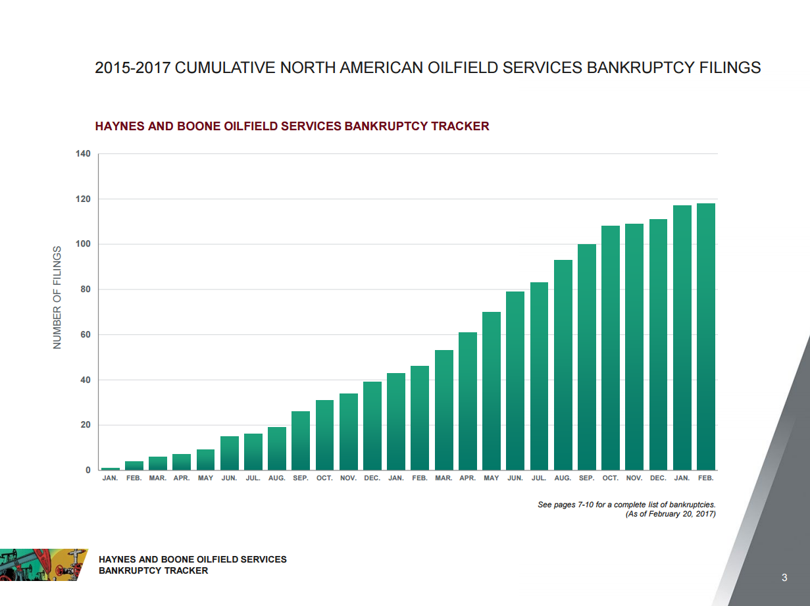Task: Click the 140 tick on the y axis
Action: (83, 154)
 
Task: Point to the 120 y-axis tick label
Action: (83, 199)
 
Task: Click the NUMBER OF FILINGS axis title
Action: (57, 297)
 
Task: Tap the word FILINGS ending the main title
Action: (730, 67)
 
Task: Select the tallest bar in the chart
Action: (705, 337)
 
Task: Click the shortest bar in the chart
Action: (111, 468)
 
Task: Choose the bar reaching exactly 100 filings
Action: (587, 357)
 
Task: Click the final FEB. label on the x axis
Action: (705, 478)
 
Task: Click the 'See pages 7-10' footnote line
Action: (626, 505)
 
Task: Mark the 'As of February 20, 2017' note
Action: (670, 514)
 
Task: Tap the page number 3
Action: (784, 578)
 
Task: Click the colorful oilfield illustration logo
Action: (43, 564)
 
